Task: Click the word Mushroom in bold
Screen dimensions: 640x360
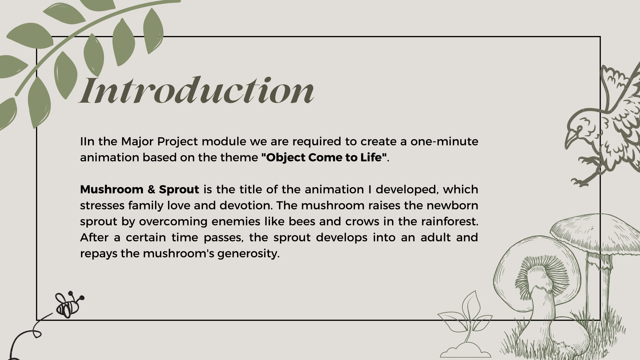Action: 112,189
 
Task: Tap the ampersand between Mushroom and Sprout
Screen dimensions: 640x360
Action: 151,190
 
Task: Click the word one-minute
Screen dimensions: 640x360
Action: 444,141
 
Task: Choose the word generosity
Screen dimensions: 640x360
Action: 248,254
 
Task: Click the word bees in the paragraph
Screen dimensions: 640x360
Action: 302,221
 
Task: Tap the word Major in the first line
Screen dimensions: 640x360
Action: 137,142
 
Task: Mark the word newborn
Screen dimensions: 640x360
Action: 452,205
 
